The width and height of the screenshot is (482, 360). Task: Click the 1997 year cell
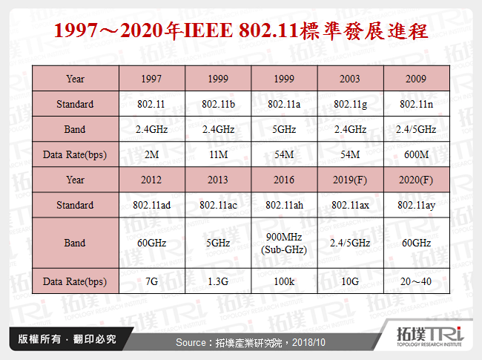152,79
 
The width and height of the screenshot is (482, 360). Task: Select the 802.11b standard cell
217,104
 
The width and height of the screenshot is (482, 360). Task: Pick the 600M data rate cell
416,154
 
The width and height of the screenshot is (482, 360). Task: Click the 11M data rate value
217,154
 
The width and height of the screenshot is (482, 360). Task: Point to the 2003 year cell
350,79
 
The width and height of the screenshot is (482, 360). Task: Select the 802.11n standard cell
416,104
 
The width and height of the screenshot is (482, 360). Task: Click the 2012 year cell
152,180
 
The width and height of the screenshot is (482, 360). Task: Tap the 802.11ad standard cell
152,205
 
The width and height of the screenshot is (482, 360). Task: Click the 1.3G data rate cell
217,281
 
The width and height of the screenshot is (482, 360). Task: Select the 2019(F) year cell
350,180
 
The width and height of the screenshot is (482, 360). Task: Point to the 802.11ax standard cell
350,205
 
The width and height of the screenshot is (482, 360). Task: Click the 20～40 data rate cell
416,281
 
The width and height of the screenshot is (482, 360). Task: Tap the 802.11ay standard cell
416,205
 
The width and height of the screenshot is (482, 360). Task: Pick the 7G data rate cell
152,281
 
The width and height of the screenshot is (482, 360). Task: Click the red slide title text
241,32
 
